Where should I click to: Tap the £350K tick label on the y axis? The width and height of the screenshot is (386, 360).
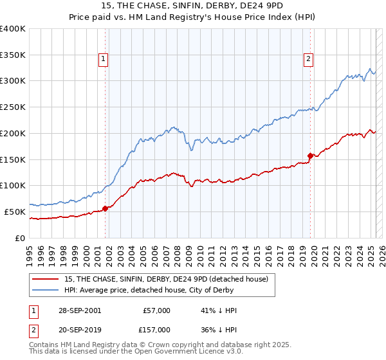pyautogui.click(x=13, y=55)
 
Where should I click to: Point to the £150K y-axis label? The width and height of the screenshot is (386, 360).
pyautogui.click(x=13, y=159)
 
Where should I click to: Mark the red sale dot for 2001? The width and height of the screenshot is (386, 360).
pyautogui.click(x=106, y=208)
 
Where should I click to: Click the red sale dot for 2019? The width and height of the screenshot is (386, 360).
pyautogui.click(x=310, y=156)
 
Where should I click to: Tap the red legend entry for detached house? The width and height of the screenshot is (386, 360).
pyautogui.click(x=170, y=278)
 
